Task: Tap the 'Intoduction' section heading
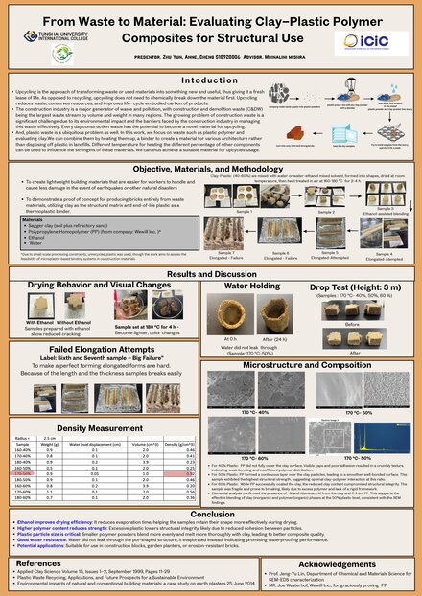[210, 80]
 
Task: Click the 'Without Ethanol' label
[74, 322]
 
